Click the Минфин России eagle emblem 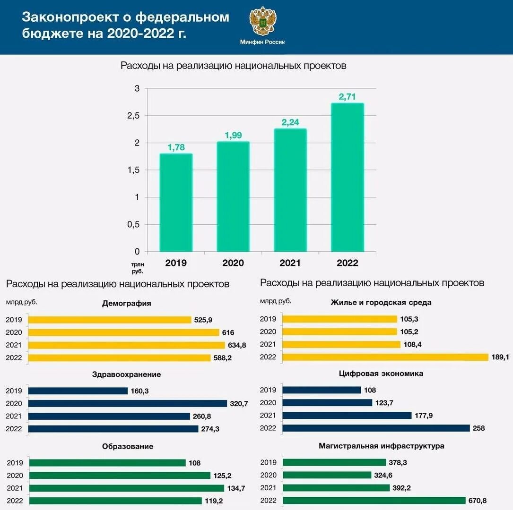tap(263, 21)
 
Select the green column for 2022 tap(348, 178)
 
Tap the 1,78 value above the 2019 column tap(176, 147)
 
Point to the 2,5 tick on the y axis tap(134, 116)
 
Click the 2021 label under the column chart tap(290, 263)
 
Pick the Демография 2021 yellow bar tap(126, 345)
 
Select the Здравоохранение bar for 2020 tap(128, 403)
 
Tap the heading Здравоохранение tap(126, 374)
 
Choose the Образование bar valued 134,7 tap(127, 488)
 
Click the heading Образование tap(128, 446)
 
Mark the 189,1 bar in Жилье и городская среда tap(385, 357)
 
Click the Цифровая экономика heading tap(381, 374)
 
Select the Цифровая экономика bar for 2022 tap(376, 428)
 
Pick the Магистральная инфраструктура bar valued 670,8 tap(374, 500)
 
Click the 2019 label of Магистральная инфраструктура tap(268, 462)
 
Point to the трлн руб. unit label tap(138, 268)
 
